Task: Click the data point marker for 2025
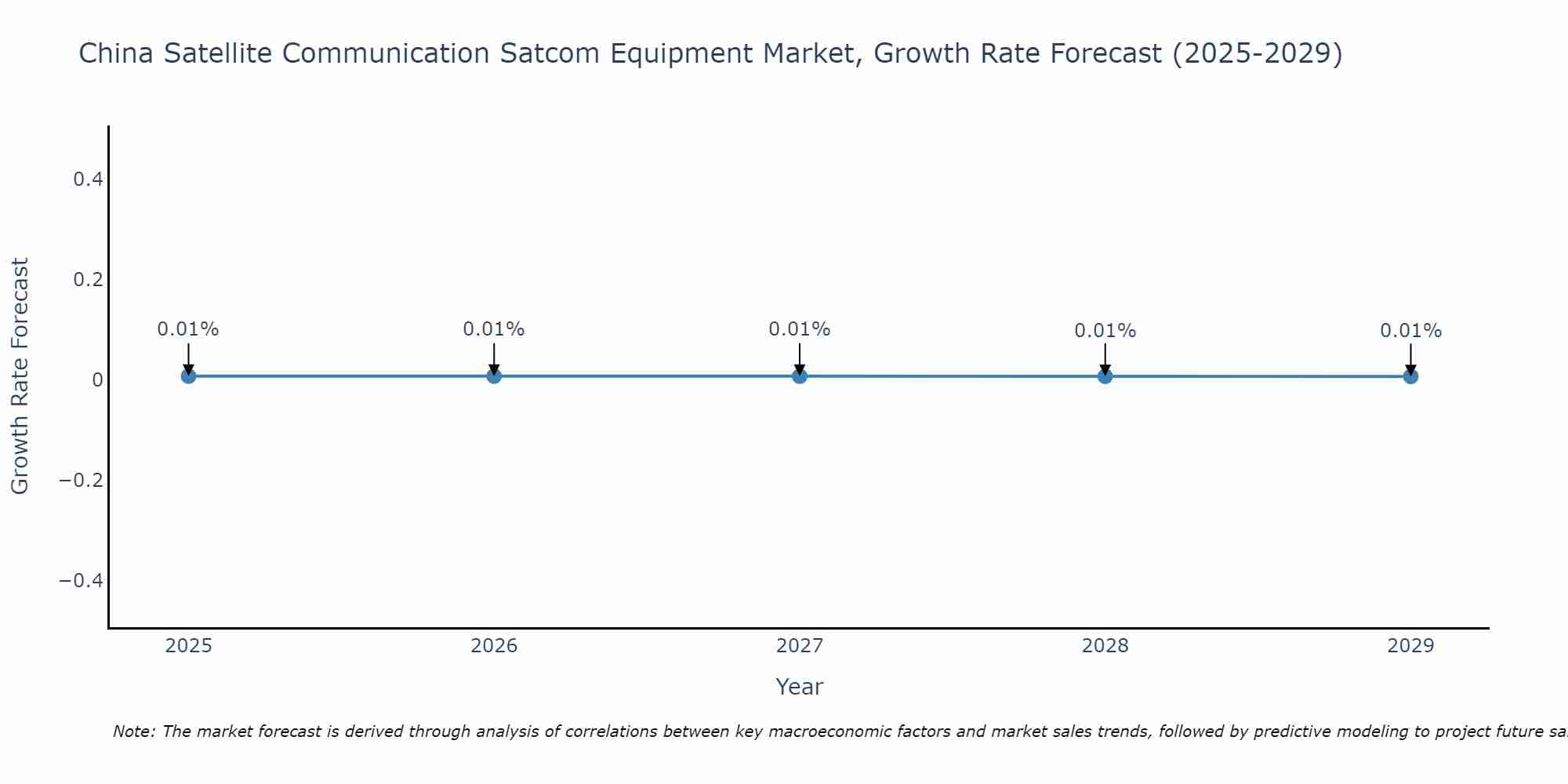pyautogui.click(x=188, y=376)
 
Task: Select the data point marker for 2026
pyautogui.click(x=494, y=376)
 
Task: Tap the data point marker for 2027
pyautogui.click(x=800, y=376)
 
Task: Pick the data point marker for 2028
pyautogui.click(x=1105, y=376)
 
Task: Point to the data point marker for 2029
pyautogui.click(x=1410, y=376)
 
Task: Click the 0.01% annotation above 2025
pyautogui.click(x=188, y=329)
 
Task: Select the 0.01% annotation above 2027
pyautogui.click(x=800, y=329)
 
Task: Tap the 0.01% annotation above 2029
pyautogui.click(x=1410, y=331)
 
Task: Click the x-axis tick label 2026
pyautogui.click(x=494, y=646)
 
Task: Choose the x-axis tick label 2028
pyautogui.click(x=1105, y=646)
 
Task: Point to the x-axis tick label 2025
pyautogui.click(x=189, y=646)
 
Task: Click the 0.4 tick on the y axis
pyautogui.click(x=88, y=180)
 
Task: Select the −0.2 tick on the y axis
pyautogui.click(x=82, y=480)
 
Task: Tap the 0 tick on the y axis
pyautogui.click(x=97, y=380)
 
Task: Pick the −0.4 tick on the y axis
pyautogui.click(x=82, y=580)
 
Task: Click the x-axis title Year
pyautogui.click(x=799, y=687)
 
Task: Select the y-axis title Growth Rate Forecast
pyautogui.click(x=20, y=376)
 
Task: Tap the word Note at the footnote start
pyautogui.click(x=133, y=731)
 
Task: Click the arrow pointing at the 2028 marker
pyautogui.click(x=1105, y=358)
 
